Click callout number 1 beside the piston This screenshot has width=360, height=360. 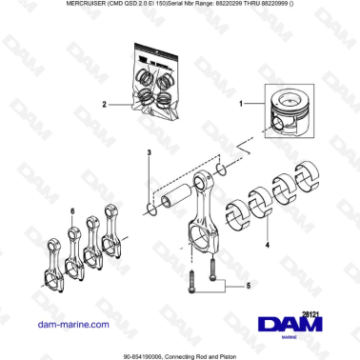click(x=240, y=101)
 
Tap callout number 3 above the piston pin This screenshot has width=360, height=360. click(x=148, y=152)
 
